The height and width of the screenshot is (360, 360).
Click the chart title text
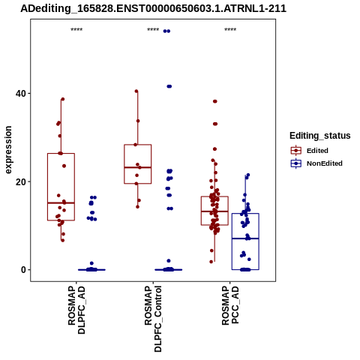click(153, 9)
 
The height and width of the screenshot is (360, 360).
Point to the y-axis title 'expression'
click(8, 150)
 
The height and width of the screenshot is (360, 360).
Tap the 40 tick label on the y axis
click(21, 94)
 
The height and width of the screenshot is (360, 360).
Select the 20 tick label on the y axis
click(21, 181)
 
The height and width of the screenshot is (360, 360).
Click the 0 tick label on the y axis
click(23, 270)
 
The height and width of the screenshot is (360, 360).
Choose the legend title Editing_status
click(320, 136)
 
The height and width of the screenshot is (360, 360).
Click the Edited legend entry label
click(317, 151)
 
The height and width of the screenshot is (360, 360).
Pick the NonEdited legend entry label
click(325, 163)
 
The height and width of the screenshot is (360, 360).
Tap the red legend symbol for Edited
click(296, 151)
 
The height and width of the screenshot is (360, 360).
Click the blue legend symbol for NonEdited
click(296, 163)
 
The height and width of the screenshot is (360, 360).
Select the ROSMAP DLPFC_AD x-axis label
click(76, 310)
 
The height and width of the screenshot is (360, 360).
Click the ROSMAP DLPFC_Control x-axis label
click(153, 319)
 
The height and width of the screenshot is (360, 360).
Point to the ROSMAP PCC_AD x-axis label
click(230, 305)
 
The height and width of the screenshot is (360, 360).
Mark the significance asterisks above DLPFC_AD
click(76, 30)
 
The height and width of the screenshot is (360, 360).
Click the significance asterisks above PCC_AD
click(230, 30)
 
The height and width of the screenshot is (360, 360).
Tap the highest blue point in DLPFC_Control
click(166, 31)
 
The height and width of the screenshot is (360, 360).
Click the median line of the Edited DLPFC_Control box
click(138, 167)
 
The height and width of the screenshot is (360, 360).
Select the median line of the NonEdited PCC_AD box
click(245, 238)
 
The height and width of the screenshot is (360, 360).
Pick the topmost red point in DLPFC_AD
click(63, 99)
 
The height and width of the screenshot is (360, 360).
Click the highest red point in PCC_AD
click(215, 101)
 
